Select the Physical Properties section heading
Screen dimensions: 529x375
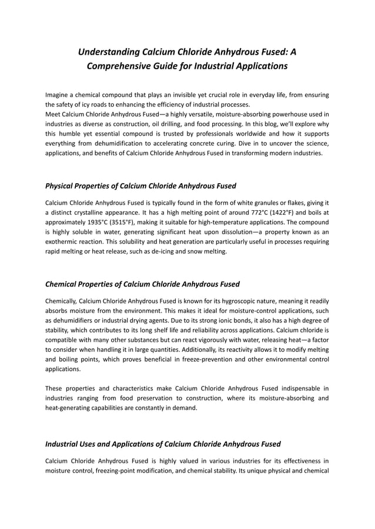point(140,186)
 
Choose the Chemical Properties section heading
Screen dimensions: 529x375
point(142,284)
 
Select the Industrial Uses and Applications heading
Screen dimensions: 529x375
point(163,444)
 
